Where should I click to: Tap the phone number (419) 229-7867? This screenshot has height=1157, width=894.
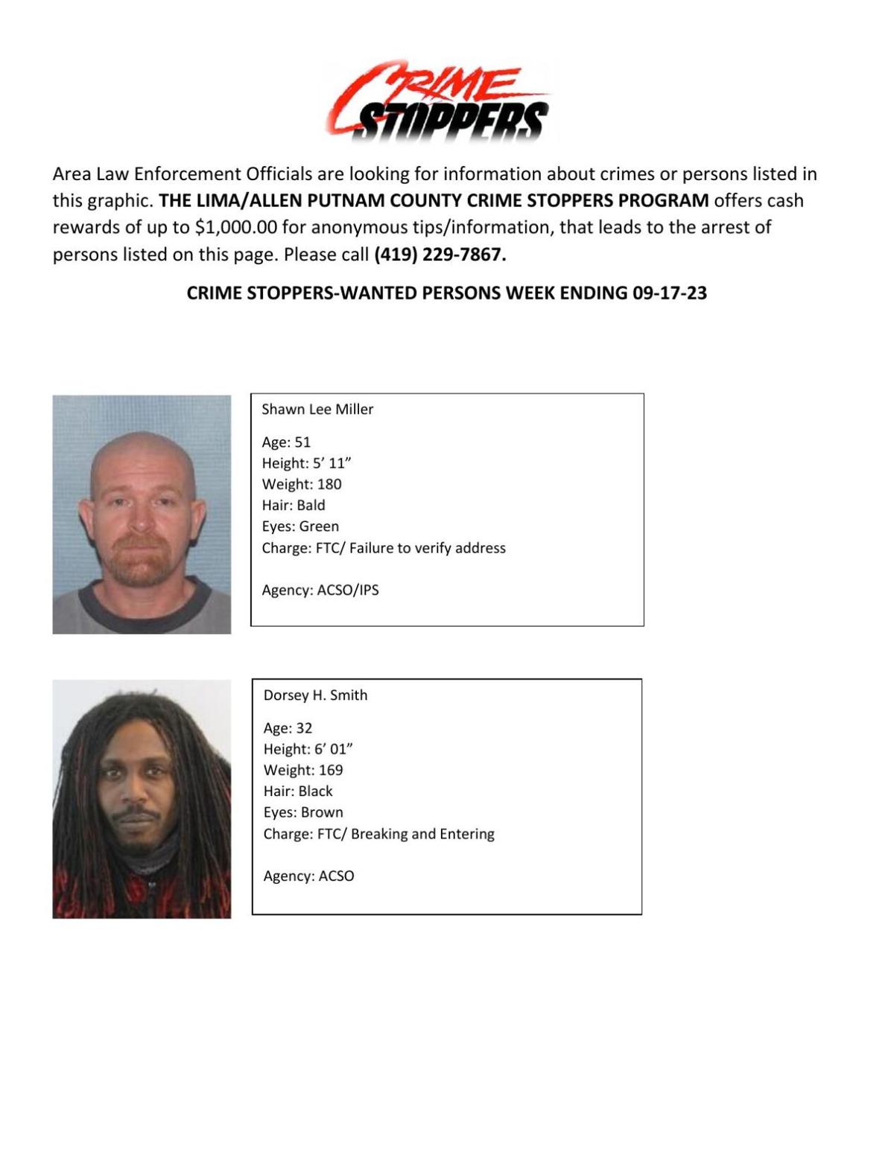click(440, 254)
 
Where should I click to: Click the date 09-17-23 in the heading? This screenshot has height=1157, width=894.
click(669, 293)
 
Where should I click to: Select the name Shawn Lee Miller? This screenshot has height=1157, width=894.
click(317, 409)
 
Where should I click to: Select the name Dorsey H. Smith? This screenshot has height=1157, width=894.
click(315, 695)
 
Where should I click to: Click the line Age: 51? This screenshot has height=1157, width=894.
click(286, 442)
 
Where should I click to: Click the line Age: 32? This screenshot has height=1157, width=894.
click(288, 727)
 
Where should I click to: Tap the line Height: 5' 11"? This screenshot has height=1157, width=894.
click(306, 462)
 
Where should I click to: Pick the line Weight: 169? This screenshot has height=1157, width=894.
click(303, 770)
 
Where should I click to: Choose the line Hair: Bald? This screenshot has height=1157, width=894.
click(294, 505)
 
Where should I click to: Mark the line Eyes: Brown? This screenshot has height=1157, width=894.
click(303, 812)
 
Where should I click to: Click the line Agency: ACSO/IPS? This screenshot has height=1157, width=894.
click(320, 590)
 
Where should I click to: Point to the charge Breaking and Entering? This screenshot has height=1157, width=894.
click(422, 833)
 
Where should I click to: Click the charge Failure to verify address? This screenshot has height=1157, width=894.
click(427, 547)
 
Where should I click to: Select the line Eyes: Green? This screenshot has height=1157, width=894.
click(300, 526)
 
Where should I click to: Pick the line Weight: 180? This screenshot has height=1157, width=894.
click(302, 484)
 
